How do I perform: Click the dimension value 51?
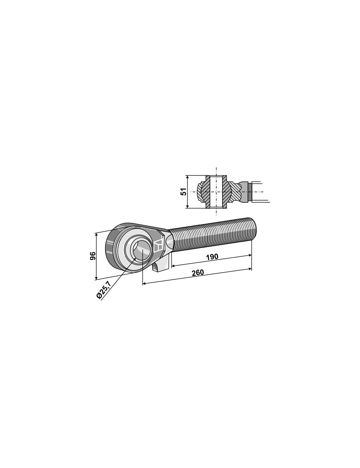[x=184, y=192]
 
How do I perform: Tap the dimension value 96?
[x=93, y=256]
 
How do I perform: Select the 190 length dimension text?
[x=212, y=257]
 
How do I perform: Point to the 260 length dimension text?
[x=198, y=273]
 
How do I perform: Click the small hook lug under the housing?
[x=158, y=267]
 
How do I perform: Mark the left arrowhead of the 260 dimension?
[x=144, y=284]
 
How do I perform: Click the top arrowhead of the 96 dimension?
[x=96, y=234]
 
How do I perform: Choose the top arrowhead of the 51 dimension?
[x=188, y=177]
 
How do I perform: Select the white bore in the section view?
[x=216, y=192]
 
